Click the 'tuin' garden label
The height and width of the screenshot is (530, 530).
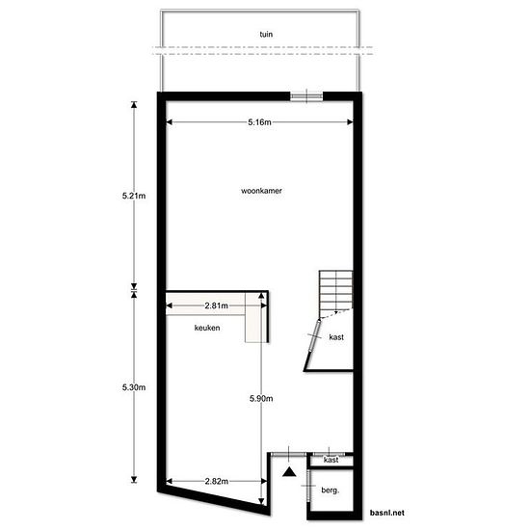266,34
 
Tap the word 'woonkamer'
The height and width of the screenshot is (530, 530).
261,191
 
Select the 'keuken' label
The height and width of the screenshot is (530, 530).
207,328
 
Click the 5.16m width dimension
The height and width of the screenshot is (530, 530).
259,122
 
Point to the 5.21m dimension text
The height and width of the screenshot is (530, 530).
134,196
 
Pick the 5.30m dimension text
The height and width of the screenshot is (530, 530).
134,387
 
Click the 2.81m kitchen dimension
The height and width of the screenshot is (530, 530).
216,305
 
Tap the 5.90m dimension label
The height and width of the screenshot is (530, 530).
261,399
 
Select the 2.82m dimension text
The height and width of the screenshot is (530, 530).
216,481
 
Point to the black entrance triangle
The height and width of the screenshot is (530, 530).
289,471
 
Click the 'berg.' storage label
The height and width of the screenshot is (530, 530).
331,490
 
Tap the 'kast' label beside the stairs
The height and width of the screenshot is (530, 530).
336,337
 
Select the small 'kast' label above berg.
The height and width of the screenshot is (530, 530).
331,460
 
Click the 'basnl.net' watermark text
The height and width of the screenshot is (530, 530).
387,513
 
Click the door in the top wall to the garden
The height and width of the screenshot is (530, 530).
306,96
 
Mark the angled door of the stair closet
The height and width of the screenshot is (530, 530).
315,336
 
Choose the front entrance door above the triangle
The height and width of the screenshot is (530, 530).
289,454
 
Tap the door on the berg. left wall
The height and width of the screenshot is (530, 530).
308,486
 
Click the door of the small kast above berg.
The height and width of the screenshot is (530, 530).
329,454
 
